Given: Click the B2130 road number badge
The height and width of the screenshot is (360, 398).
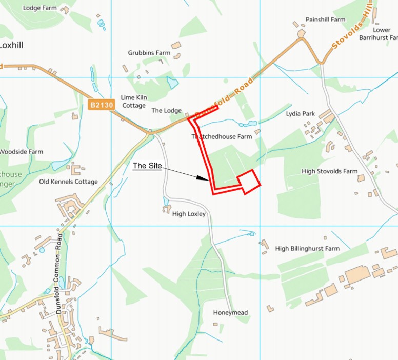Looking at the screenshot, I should pyautogui.click(x=102, y=105).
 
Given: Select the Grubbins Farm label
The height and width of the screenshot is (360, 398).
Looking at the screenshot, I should pyautogui.click(x=149, y=53).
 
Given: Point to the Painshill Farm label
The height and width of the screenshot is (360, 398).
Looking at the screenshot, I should pyautogui.click(x=325, y=19).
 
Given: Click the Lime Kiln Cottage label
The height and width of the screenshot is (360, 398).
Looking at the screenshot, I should pyautogui.click(x=133, y=101).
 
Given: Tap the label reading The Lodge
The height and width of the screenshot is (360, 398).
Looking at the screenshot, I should pyautogui.click(x=166, y=111).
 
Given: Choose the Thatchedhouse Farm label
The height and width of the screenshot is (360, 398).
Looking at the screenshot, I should pyautogui.click(x=222, y=137).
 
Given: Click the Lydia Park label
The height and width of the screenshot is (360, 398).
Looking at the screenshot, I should pyautogui.click(x=301, y=113).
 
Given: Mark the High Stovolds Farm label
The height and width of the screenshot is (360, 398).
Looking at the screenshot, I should pyautogui.click(x=329, y=171).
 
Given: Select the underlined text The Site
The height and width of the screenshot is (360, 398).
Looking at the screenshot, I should pyautogui.click(x=147, y=166).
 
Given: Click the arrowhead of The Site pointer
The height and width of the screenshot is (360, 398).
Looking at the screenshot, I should pyautogui.click(x=206, y=179).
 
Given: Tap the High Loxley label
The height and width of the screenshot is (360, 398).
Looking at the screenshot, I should pyautogui.click(x=189, y=214).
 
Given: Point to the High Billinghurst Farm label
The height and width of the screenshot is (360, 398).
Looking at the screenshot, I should pyautogui.click(x=307, y=249).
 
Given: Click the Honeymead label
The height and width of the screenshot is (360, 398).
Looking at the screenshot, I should pyautogui.click(x=230, y=313).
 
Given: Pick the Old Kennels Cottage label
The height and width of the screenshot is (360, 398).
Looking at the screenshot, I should pyautogui.click(x=68, y=182).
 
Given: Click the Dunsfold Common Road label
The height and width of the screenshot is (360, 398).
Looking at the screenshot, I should pyautogui.click(x=59, y=274).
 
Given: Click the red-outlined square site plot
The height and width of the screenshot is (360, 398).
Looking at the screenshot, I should pyautogui.click(x=249, y=181).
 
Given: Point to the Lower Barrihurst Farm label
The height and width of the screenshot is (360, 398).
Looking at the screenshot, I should pyautogui.click(x=382, y=34).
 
